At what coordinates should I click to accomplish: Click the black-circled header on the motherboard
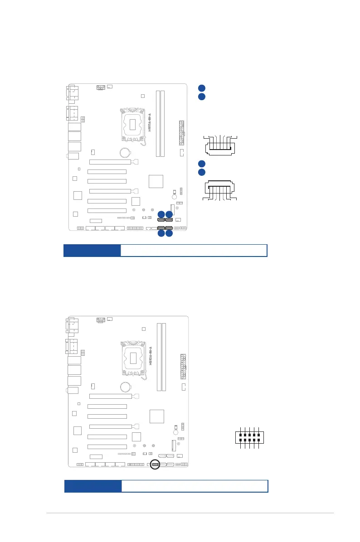pos(156,465)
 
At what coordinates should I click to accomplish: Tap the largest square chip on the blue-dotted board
pos(156,180)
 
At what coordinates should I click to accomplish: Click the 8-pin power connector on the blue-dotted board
pos(101,87)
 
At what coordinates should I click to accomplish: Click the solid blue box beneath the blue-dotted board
pos(92,251)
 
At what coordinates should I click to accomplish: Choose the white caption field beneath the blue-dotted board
pos(194,251)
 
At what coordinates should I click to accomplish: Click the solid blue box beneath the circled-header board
pos(93,486)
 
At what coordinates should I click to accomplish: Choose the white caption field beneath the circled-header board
pos(195,486)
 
